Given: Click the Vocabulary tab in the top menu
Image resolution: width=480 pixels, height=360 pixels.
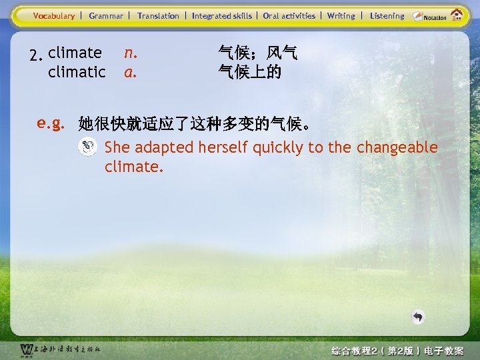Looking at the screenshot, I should pyautogui.click(x=54, y=15).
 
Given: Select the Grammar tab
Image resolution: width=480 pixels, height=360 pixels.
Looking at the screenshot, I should pyautogui.click(x=106, y=15).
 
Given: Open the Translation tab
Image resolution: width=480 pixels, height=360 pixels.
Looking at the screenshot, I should pyautogui.click(x=158, y=15).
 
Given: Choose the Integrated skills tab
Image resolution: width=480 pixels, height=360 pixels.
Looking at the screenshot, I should pyautogui.click(x=222, y=15).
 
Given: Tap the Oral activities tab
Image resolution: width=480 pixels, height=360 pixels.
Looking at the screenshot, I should pyautogui.click(x=289, y=15).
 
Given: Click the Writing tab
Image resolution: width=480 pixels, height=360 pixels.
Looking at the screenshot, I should pyautogui.click(x=341, y=15).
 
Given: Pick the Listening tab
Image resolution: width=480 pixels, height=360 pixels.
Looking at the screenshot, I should pyautogui.click(x=387, y=15).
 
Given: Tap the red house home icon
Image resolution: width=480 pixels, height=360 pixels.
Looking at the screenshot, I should pyautogui.click(x=457, y=15).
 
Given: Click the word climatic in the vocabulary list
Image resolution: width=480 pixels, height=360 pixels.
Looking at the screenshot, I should pyautogui.click(x=77, y=71).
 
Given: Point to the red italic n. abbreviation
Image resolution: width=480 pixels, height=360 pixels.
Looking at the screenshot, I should pyautogui.click(x=131, y=52).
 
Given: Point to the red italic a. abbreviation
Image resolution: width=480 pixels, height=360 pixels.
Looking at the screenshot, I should pyautogui.click(x=131, y=71).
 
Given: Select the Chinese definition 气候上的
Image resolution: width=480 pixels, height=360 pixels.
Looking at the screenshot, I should pyautogui.click(x=250, y=71).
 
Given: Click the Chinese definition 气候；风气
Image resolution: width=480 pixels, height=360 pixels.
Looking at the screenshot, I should pyautogui.click(x=258, y=52).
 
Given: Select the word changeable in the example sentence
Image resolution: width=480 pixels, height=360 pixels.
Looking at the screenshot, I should pyautogui.click(x=397, y=147).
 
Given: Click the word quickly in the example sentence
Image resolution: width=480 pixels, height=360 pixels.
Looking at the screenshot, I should pyautogui.click(x=276, y=147).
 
